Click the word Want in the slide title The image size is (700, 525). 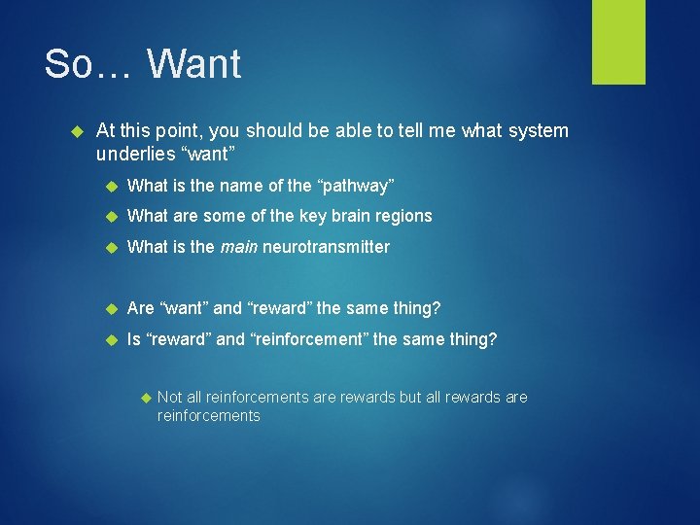[x=194, y=64]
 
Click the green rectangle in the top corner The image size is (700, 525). [x=618, y=42]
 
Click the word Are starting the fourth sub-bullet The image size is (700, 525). [x=140, y=308]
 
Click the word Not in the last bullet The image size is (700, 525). [x=170, y=397]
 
